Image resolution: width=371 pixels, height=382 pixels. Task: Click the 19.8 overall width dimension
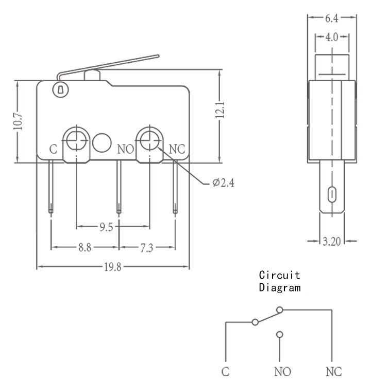tap(113, 267)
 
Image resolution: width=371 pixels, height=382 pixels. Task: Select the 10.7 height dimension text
tap(18, 121)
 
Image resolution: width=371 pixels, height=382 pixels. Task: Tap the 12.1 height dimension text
tap(220, 110)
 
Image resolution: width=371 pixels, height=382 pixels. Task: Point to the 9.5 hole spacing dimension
tap(106, 227)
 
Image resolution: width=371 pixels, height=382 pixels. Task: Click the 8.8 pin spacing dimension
tap(85, 247)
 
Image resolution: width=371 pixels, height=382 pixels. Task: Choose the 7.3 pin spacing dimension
tap(146, 248)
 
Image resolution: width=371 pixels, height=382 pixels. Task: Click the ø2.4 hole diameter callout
tap(223, 183)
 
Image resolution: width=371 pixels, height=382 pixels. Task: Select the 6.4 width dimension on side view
tap(331, 19)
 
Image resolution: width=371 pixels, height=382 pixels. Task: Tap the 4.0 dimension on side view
tap(331, 37)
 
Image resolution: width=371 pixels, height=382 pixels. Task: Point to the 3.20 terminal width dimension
tap(331, 242)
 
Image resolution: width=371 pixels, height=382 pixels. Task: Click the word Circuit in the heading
tap(279, 275)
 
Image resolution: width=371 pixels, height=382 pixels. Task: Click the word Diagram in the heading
tap(280, 287)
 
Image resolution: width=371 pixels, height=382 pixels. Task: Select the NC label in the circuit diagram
tap(333, 372)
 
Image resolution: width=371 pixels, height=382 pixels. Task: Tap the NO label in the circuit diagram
tap(282, 372)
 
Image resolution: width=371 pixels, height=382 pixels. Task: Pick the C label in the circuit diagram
tap(225, 372)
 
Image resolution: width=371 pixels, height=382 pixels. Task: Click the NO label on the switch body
tap(126, 149)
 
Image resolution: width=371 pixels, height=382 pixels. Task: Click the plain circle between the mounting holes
tap(102, 143)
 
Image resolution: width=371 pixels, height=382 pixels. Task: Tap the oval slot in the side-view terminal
tap(332, 195)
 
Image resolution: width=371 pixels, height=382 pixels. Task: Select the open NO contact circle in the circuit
tap(279, 335)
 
